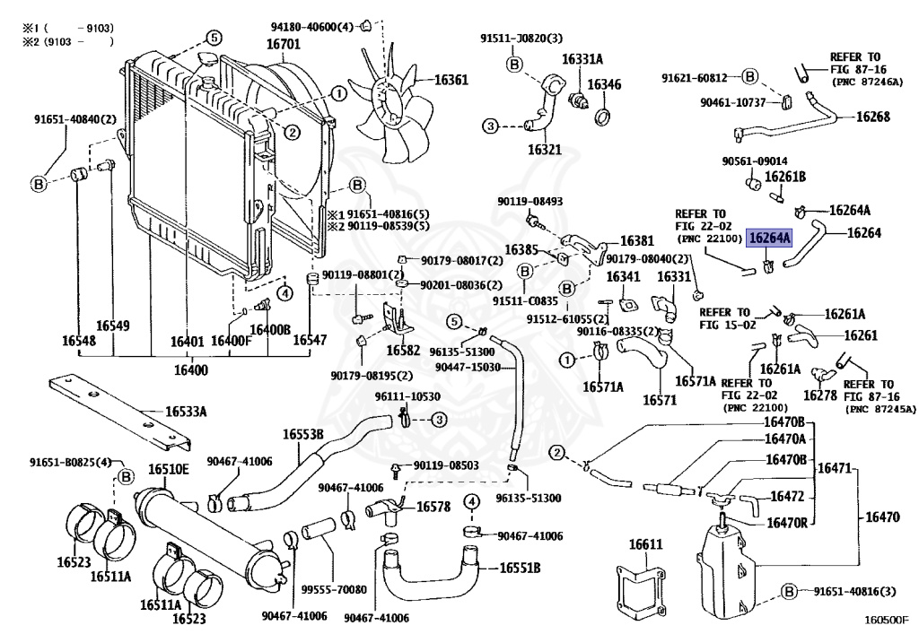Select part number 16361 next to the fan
click(x=451, y=80)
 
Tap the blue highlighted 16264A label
click(x=770, y=238)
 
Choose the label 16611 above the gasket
click(x=644, y=544)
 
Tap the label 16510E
click(x=169, y=469)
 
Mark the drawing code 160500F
click(x=887, y=619)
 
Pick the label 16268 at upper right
click(x=872, y=117)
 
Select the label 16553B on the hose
click(x=303, y=434)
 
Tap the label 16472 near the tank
click(x=787, y=496)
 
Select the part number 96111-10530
click(x=407, y=396)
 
